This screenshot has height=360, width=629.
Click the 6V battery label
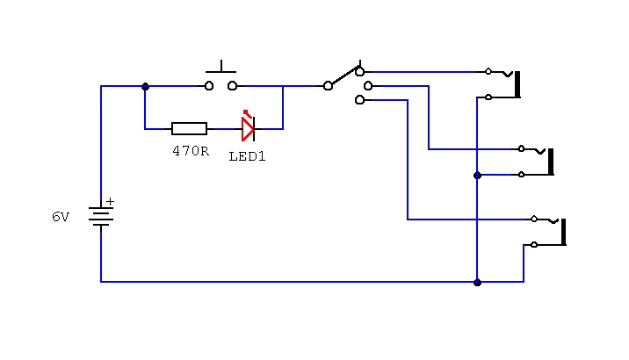pyautogui.click(x=61, y=217)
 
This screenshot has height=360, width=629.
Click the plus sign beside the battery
pyautogui.click(x=110, y=201)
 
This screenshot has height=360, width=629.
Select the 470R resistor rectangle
pyautogui.click(x=190, y=129)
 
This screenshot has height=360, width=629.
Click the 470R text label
pyautogui.click(x=191, y=151)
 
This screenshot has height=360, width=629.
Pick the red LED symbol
pyautogui.click(x=249, y=126)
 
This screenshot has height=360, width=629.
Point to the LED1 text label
pyautogui.click(x=247, y=156)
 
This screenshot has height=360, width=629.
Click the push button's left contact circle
pyautogui.click(x=209, y=86)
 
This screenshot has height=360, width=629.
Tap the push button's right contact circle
pyautogui.click(x=233, y=86)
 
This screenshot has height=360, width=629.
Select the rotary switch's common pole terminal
pyautogui.click(x=328, y=86)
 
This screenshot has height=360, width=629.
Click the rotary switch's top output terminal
pyautogui.click(x=360, y=72)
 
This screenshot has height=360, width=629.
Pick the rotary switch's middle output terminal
pyautogui.click(x=368, y=86)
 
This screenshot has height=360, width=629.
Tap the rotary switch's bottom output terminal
pyautogui.click(x=360, y=100)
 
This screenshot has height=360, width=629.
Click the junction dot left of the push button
pyautogui.click(x=145, y=87)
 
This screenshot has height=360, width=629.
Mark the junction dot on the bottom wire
pyautogui.click(x=477, y=283)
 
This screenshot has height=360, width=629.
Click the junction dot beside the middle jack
pyautogui.click(x=477, y=176)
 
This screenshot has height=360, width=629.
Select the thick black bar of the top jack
pyautogui.click(x=517, y=84)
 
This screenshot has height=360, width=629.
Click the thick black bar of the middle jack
pyautogui.click(x=551, y=162)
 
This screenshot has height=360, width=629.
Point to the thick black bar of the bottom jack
pyautogui.click(x=564, y=232)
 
